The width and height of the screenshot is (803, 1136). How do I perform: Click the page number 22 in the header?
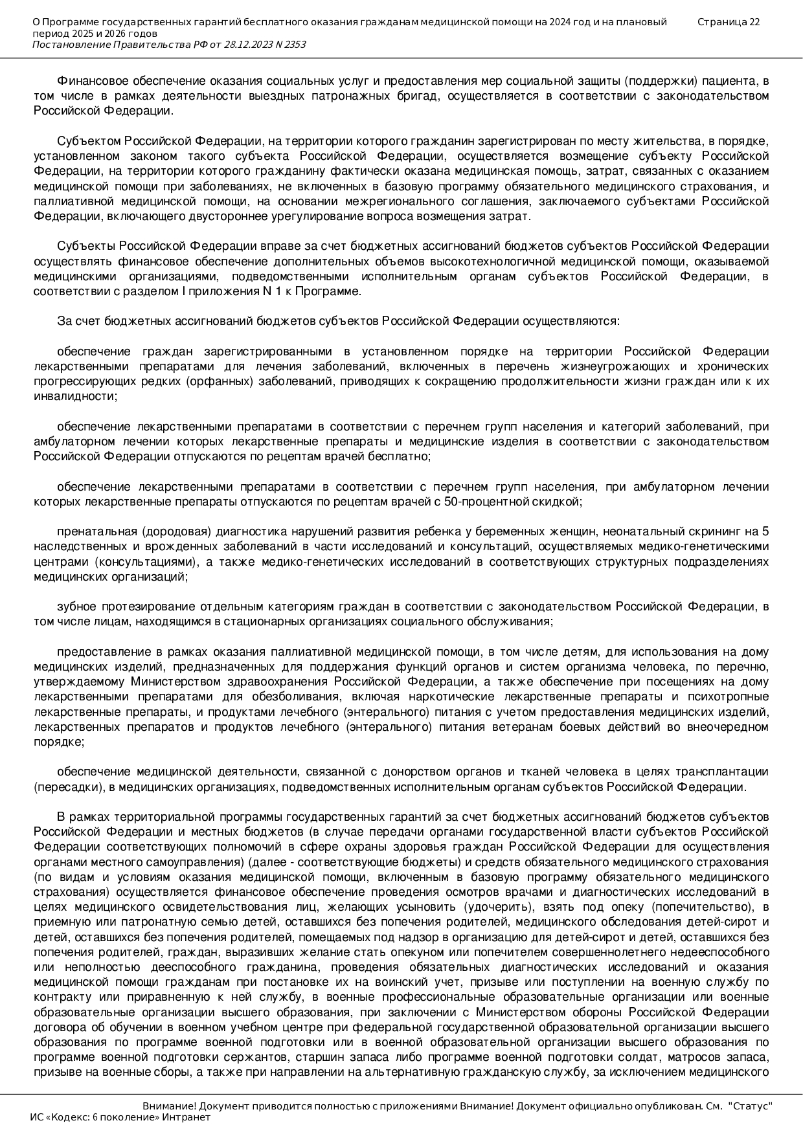click(754, 22)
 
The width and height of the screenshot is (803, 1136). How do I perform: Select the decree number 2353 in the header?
click(294, 45)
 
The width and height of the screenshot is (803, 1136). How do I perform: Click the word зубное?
click(75, 607)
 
